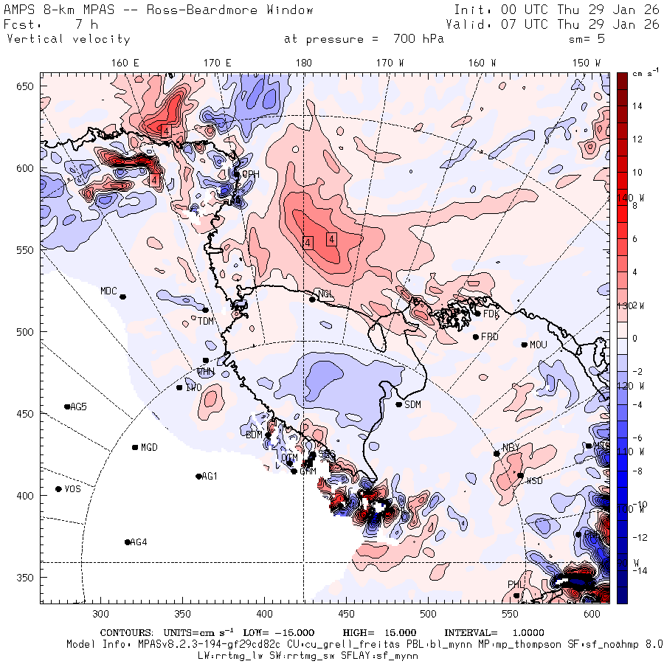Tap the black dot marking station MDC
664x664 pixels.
(122, 297)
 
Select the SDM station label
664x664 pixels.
(413, 404)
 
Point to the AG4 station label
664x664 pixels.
(138, 542)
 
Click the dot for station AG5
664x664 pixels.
(67, 407)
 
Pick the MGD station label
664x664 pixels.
(149, 448)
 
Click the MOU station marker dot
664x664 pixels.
(525, 345)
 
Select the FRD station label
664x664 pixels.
(490, 337)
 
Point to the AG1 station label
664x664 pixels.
(210, 477)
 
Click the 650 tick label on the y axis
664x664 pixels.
(27, 87)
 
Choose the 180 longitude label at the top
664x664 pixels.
(303, 63)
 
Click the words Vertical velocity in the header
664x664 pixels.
(69, 39)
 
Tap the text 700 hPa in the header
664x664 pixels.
(415, 39)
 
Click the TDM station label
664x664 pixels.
(206, 321)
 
